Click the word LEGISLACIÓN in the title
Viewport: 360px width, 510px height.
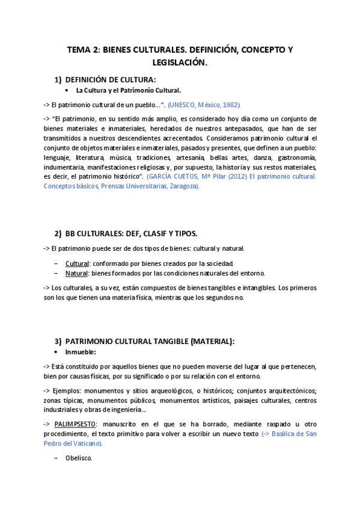tap(180, 62)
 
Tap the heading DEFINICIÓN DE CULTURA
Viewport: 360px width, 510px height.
tap(110, 79)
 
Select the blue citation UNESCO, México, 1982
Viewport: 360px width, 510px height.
tap(204, 104)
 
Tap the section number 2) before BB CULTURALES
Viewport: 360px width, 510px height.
tap(58, 233)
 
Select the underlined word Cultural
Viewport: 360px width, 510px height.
tap(77, 263)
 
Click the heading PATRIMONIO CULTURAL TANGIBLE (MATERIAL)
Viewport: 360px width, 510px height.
tap(150, 341)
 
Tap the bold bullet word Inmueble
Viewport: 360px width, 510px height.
tap(81, 352)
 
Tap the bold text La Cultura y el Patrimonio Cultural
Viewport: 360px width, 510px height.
tap(128, 90)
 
